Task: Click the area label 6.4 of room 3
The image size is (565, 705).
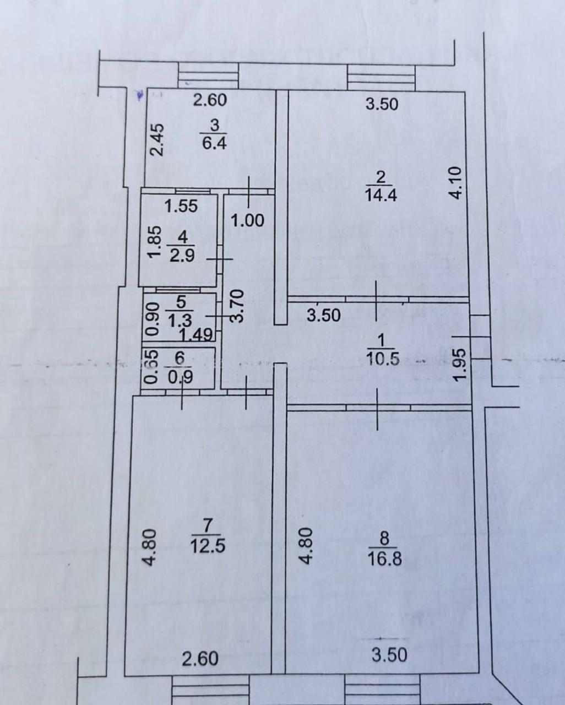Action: tap(215, 144)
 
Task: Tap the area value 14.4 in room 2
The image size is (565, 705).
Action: tap(381, 196)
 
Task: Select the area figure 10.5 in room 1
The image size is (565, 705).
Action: tap(383, 359)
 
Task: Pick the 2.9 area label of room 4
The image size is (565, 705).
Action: tap(182, 255)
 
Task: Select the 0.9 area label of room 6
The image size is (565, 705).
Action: tap(180, 378)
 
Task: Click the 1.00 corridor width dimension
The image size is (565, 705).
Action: tap(248, 221)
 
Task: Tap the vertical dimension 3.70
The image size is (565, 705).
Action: tap(237, 306)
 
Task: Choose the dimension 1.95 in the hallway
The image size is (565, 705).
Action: tap(459, 364)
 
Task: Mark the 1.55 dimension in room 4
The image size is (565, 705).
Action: tap(181, 207)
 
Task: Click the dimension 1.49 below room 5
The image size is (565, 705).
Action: tap(196, 334)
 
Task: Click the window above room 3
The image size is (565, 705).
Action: tap(208, 75)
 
